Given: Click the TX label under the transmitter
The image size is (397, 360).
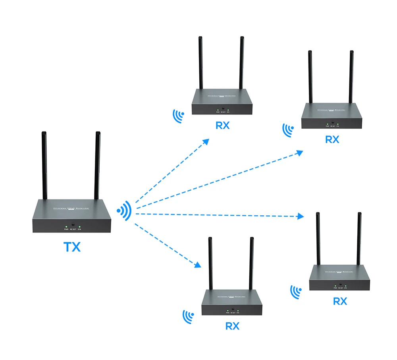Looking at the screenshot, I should (x=72, y=247).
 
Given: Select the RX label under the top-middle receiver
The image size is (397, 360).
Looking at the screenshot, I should (x=222, y=126).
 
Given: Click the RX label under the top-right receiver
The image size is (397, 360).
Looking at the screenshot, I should (x=332, y=140).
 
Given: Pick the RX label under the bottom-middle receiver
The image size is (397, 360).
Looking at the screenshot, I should (x=232, y=326).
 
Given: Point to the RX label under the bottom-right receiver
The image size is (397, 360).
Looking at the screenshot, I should (x=340, y=302).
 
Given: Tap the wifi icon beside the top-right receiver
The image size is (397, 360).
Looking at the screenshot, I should (x=288, y=130).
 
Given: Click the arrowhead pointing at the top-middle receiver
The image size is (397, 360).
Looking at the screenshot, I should (x=206, y=141).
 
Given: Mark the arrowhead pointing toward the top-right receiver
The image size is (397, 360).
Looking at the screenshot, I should (x=301, y=153).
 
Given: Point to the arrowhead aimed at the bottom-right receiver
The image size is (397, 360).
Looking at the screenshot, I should (x=301, y=216).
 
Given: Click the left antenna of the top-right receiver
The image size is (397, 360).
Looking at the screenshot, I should (x=310, y=77).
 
